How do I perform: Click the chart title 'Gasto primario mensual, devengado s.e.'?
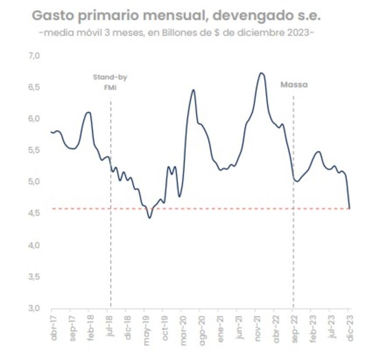click(x=176, y=15)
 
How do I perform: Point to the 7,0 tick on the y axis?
click(x=34, y=56)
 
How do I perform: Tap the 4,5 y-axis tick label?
click(x=34, y=213)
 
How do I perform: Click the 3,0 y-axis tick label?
click(x=34, y=308)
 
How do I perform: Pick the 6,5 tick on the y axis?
click(x=34, y=87)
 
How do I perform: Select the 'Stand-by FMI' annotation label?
click(x=110, y=82)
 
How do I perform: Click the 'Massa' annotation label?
click(x=294, y=85)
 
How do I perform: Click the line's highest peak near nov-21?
click(x=261, y=73)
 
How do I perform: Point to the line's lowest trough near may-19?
click(x=150, y=218)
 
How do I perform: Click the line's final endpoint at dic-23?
click(x=350, y=208)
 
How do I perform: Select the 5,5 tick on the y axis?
click(x=34, y=150)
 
